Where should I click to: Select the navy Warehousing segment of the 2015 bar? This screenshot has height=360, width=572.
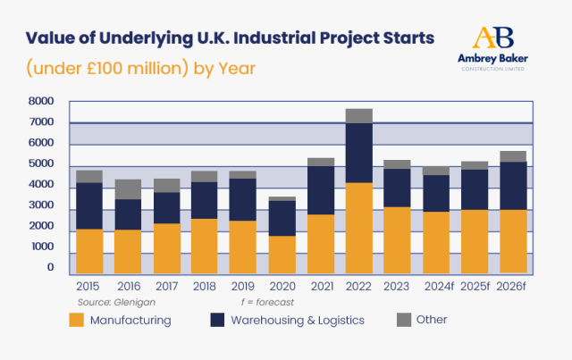[88, 205]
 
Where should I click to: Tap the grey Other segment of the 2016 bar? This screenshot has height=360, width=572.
[128, 188]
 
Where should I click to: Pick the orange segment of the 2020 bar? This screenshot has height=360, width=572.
[282, 255]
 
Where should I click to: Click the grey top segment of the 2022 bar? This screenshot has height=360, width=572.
[358, 115]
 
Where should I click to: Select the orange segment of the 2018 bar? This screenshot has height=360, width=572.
[205, 246]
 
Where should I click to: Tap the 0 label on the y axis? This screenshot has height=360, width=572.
[51, 268]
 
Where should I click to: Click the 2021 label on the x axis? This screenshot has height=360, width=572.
[320, 288]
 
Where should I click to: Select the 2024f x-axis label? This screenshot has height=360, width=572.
[436, 288]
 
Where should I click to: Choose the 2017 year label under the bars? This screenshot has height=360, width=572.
[165, 288]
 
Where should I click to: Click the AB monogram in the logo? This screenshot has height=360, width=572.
[493, 38]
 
